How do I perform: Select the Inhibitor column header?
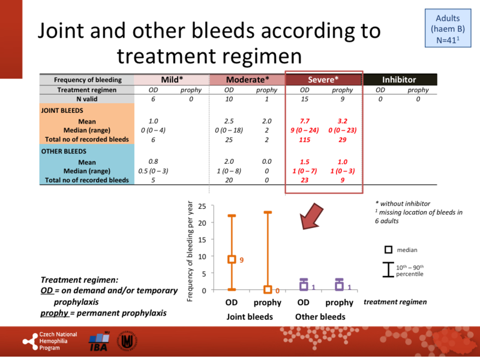tap(400, 79)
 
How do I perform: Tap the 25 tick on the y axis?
tap(203, 206)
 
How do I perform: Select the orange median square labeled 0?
tap(268, 290)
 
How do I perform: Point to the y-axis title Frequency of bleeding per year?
tap(191, 250)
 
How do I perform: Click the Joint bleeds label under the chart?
tap(250, 317)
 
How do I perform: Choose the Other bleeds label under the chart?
tap(321, 317)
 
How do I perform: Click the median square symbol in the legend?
tap(389, 250)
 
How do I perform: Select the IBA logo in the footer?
tap(99, 340)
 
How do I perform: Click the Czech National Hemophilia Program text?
tap(58, 340)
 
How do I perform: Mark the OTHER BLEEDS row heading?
tap(61, 152)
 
